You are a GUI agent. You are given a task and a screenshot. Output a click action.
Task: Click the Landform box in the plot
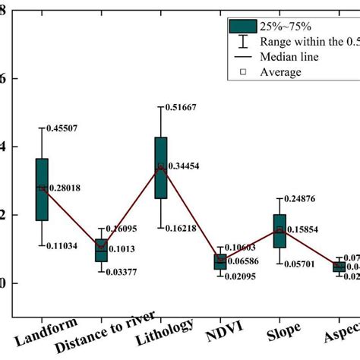click(x=42, y=189)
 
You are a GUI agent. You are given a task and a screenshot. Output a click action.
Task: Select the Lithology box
click(x=161, y=167)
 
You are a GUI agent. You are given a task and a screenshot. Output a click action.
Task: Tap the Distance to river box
click(x=101, y=250)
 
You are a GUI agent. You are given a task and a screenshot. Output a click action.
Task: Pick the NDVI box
click(x=220, y=262)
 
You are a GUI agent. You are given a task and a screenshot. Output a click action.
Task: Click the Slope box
click(x=279, y=231)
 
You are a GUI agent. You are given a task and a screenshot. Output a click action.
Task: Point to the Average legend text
click(x=280, y=72)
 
